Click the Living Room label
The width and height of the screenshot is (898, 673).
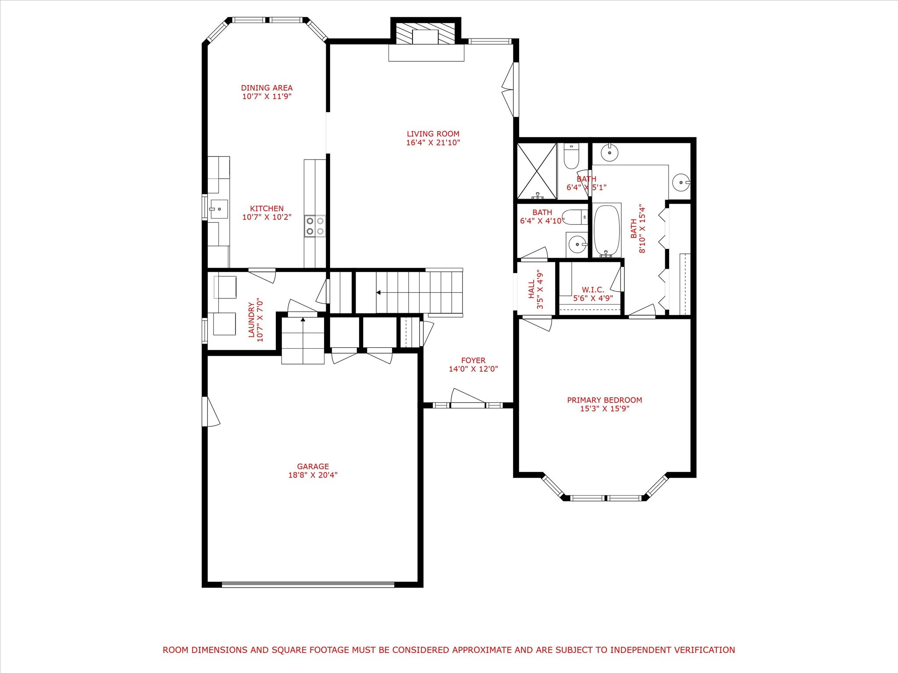pos(433,134)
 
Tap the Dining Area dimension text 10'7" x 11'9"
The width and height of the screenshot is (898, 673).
pos(267,96)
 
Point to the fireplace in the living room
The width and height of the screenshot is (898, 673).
pos(426,39)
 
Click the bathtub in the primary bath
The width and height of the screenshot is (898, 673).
pos(607,230)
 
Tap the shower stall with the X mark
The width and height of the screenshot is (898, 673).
pos(537,171)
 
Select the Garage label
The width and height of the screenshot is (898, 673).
pos(313,467)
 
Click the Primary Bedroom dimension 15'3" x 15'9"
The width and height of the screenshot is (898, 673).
pos(605,409)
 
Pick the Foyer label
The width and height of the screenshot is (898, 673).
pos(473,361)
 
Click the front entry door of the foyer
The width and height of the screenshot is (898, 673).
pos(468,399)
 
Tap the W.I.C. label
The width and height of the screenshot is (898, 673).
pos(593,290)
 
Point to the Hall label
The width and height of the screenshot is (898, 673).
pos(532,289)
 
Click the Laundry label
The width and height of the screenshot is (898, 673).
pos(251,320)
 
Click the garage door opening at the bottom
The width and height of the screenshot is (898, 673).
pos(308,584)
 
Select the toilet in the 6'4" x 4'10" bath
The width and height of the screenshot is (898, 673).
pos(575,217)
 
